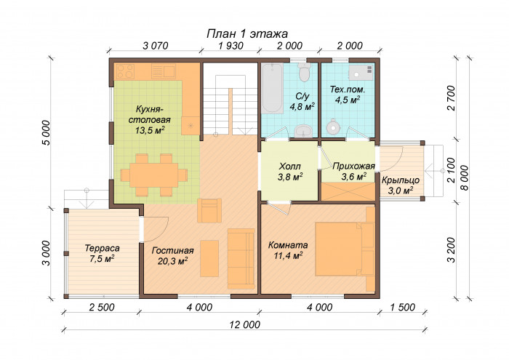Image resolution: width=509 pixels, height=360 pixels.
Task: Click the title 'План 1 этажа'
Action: point(247,33)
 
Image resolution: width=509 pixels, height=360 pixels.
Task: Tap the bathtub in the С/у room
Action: point(273,88)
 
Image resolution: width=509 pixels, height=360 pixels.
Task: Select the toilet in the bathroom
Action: point(305,73)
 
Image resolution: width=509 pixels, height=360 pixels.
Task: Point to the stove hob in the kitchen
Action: point(125,71)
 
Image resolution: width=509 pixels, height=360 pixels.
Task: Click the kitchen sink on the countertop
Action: point(164,71)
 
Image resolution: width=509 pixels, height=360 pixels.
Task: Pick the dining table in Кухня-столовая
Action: point(154,175)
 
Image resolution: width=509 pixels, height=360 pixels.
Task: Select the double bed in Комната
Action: point(345,249)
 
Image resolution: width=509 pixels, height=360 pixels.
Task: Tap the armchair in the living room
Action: point(209,210)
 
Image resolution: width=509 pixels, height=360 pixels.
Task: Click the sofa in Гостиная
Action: point(241,258)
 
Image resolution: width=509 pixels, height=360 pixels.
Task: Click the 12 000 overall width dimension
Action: point(245,324)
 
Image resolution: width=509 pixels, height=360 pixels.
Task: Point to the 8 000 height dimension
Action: point(465,177)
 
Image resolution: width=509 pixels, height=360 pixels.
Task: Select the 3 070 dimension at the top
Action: point(156,46)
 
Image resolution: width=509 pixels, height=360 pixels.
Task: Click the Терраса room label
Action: point(102,248)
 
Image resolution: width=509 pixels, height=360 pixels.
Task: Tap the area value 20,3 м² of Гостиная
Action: point(173,261)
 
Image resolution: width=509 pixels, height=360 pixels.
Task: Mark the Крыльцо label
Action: point(400,180)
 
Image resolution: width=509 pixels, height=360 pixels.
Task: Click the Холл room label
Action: point(290,167)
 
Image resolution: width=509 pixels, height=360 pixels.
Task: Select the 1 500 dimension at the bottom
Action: point(403,307)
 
